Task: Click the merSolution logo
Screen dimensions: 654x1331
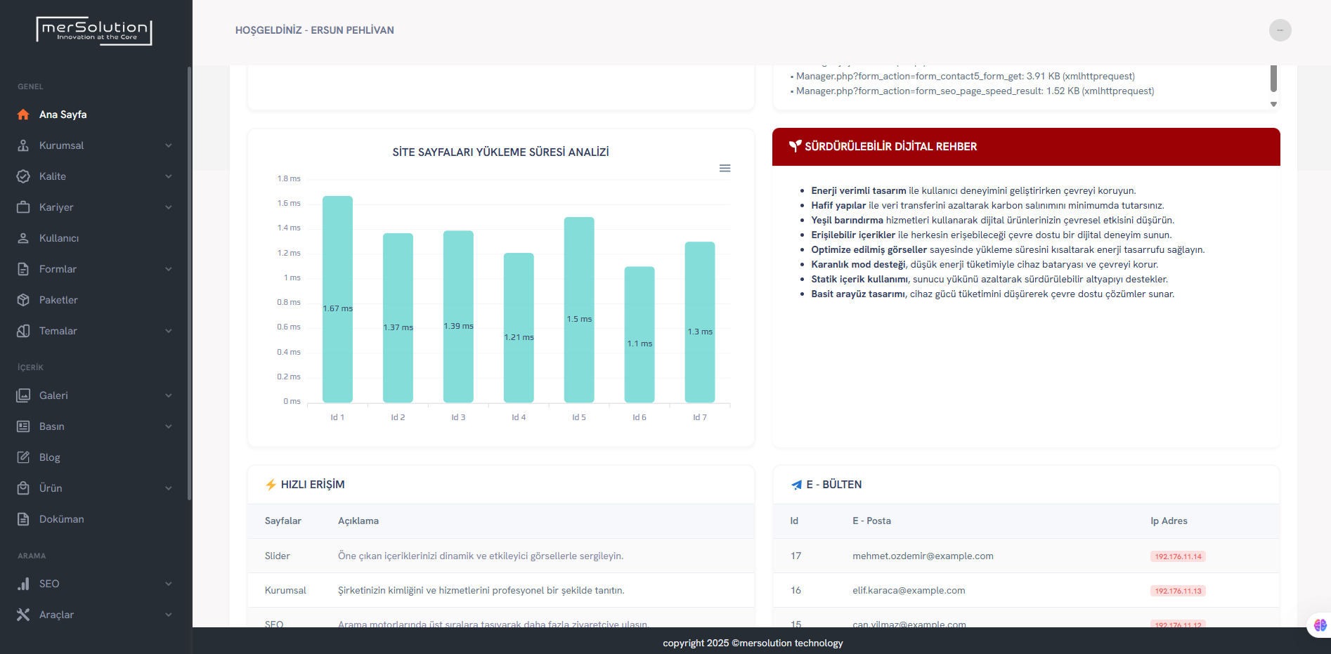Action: point(94,31)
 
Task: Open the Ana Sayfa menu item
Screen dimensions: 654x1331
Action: point(63,115)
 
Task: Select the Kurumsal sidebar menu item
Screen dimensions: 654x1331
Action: point(61,145)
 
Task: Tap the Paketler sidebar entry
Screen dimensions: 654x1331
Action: point(58,300)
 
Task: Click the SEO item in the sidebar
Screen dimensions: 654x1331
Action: point(49,584)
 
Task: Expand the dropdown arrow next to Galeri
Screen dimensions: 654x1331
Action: point(169,395)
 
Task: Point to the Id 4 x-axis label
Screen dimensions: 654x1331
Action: point(519,417)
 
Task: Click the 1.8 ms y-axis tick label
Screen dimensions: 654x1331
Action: point(289,179)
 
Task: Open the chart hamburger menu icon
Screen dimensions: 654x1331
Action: point(725,169)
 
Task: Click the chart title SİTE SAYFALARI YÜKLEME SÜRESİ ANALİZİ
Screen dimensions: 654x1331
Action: point(500,152)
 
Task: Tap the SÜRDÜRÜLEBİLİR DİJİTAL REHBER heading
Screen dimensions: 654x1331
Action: point(890,147)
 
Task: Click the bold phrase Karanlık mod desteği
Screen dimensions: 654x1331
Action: point(858,265)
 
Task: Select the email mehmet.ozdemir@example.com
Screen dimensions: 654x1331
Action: point(923,556)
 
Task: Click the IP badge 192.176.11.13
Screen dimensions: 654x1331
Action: point(1178,591)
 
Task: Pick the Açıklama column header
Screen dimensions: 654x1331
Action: point(358,521)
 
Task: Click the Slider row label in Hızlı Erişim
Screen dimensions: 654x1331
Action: point(278,556)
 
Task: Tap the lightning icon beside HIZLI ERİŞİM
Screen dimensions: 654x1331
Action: point(271,485)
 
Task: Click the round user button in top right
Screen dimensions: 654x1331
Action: point(1280,30)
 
